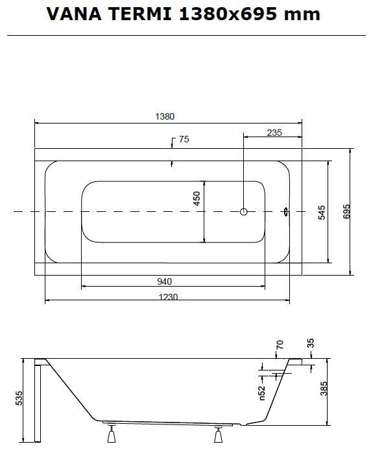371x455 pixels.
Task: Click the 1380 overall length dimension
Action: click(165, 116)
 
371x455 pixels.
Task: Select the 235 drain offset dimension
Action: click(274, 133)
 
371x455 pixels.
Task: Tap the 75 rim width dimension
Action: click(184, 139)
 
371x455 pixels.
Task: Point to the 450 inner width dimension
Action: click(197, 198)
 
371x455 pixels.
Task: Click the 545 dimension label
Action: click(322, 213)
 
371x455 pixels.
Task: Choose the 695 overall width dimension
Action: click(346, 211)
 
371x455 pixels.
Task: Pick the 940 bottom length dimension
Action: click(165, 281)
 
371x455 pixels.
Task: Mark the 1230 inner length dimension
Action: click(168, 297)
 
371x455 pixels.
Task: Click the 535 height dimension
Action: click(19, 398)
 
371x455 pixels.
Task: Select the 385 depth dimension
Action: click(324, 389)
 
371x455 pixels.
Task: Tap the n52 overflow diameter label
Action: click(261, 393)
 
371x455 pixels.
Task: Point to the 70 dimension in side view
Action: click(280, 345)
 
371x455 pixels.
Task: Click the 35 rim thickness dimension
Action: click(310, 343)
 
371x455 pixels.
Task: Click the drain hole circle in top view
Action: click(244, 211)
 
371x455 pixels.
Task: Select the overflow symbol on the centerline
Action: click(286, 211)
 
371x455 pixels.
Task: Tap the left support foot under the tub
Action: click(112, 434)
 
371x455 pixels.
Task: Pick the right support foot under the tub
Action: click(219, 434)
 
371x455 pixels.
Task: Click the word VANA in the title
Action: click(74, 14)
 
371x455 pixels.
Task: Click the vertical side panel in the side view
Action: click(38, 401)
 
